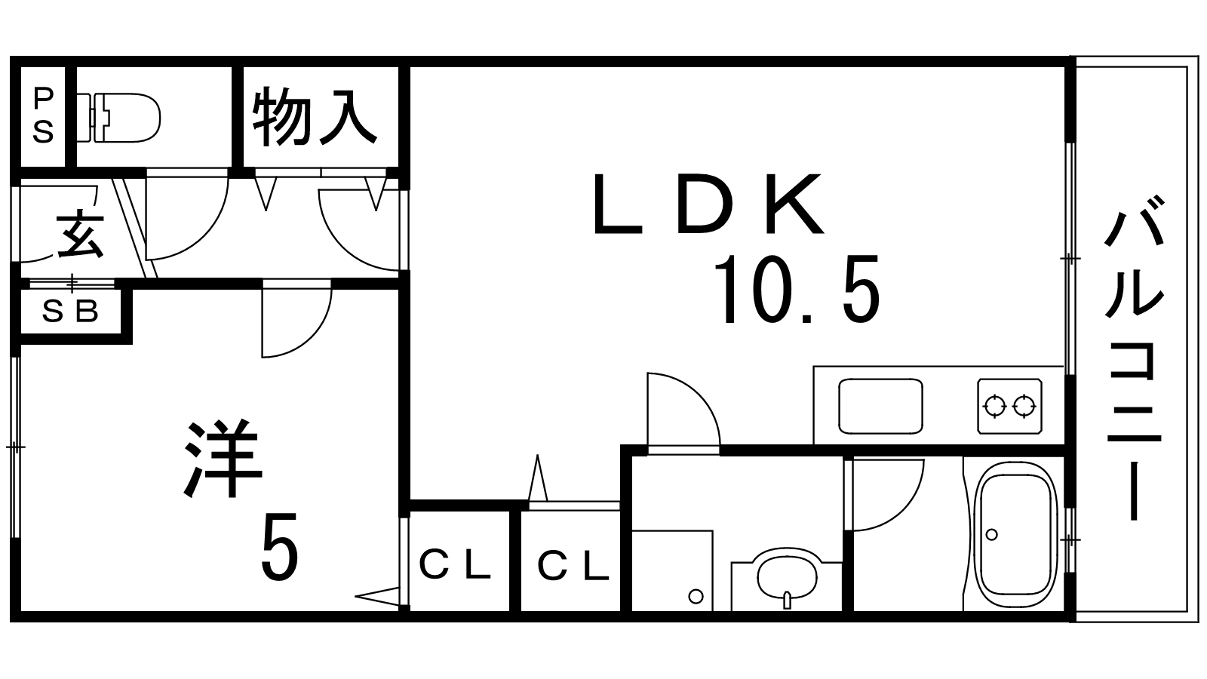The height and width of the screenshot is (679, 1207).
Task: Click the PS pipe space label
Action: point(43,115)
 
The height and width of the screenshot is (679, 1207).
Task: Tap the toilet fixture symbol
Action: point(121,117)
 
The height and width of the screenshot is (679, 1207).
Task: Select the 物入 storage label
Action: point(315,117)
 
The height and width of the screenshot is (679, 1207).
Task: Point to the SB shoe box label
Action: point(70,311)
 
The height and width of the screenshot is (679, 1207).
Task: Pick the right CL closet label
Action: point(573,566)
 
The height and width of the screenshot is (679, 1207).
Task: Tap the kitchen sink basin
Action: point(880,406)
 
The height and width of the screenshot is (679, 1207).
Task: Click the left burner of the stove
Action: point(995,407)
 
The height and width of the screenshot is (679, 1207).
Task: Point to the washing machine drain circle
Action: point(696,596)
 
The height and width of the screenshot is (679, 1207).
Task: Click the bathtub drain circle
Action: point(991,534)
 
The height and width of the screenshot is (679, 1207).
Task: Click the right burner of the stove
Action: point(1024,407)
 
